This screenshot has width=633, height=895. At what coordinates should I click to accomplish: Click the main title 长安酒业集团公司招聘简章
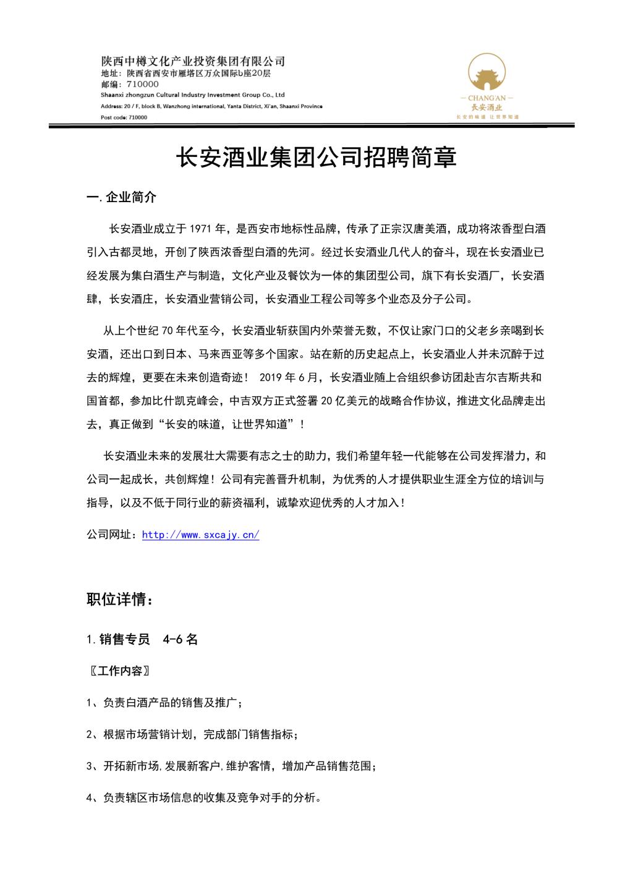pos(316,158)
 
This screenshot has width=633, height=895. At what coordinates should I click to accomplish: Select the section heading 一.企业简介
pos(122,197)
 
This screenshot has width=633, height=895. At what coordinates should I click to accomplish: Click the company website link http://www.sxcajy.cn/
pos(200,535)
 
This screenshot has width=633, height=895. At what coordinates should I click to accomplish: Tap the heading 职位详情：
pos(119,600)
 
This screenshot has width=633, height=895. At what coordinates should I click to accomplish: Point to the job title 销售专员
pos(124,640)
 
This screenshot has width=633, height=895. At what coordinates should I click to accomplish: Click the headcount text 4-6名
pos(181,640)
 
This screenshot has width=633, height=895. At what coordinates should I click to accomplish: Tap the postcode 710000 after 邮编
pos(142,84)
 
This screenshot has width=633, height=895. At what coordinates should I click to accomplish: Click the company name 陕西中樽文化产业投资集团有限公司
pos(193,61)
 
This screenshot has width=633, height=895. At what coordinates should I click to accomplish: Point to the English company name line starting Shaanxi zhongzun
pos(192,95)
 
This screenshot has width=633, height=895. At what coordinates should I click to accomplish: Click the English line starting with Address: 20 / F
pos(211,106)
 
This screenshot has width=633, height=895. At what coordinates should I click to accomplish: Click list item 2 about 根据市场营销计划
pos(192,735)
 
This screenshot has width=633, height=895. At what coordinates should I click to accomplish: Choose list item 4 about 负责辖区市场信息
pos(204,798)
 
